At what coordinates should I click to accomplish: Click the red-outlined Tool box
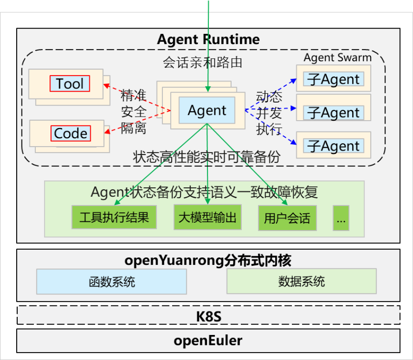pos(70,83)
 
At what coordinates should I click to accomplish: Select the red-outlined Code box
pos(71,133)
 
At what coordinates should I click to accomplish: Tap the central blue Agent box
pos(207,110)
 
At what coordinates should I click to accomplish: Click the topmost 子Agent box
pos(334,79)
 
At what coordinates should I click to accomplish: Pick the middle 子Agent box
pos(334,112)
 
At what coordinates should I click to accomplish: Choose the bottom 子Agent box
pos(334,146)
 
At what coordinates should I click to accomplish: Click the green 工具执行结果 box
pos(114,217)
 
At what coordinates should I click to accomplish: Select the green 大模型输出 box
pos(207,217)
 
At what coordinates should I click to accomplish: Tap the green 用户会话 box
pos(287,218)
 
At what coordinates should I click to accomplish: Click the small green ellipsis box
pos(341,218)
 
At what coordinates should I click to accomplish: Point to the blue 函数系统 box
pos(112,282)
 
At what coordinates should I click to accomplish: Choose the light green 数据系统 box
pos(302,281)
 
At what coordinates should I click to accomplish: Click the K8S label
pos(208,316)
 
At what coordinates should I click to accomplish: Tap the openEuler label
pos(208,340)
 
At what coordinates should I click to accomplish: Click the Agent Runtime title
pos(208,40)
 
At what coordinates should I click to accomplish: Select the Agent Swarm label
pos(337,57)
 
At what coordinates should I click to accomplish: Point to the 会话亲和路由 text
pos(202,63)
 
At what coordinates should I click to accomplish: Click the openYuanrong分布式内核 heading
pos(208,260)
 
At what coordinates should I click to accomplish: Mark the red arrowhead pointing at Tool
pos(106,86)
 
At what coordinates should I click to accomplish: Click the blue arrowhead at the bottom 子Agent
pos(294,142)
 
